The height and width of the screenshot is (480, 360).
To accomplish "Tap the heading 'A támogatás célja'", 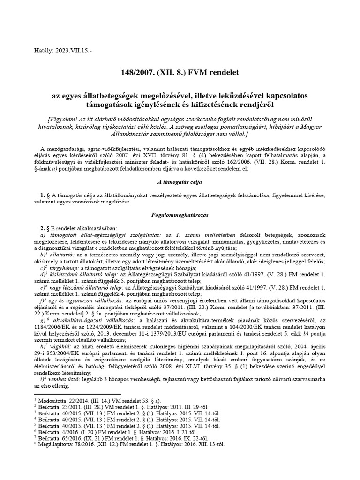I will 180,180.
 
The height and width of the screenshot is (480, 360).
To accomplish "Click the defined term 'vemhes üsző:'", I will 68,380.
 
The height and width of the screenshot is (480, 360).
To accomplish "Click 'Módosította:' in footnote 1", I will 52,400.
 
